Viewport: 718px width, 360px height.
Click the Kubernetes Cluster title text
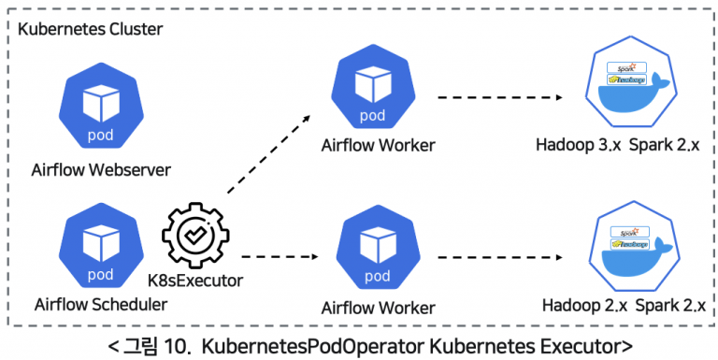click(91, 29)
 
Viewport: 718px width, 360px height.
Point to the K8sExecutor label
click(194, 280)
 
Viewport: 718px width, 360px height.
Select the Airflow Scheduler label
click(100, 304)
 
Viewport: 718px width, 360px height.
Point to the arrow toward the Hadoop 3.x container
click(500, 96)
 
